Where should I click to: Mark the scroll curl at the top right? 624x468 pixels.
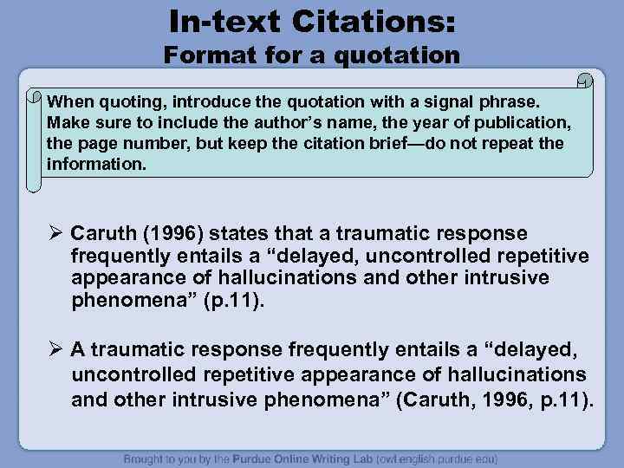click(585, 81)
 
